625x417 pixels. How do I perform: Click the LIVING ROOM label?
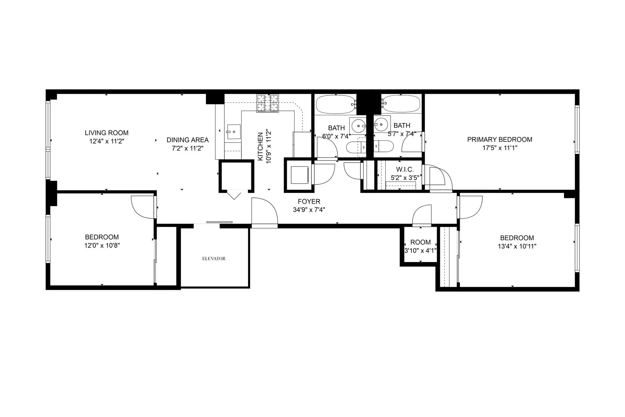pyautogui.click(x=107, y=133)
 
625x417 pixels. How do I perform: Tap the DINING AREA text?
pyautogui.click(x=187, y=140)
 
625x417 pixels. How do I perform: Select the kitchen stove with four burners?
pyautogui.click(x=267, y=103)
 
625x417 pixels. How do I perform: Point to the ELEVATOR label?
pyautogui.click(x=214, y=259)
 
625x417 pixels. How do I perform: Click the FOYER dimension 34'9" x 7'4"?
pyautogui.click(x=309, y=210)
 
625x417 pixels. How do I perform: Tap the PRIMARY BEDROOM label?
pyautogui.click(x=499, y=139)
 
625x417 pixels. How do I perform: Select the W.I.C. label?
pyautogui.click(x=405, y=170)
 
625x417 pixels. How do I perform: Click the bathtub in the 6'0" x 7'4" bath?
pyautogui.click(x=335, y=104)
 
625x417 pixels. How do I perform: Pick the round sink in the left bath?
pyautogui.click(x=358, y=123)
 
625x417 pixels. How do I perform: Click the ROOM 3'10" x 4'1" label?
pyautogui.click(x=420, y=242)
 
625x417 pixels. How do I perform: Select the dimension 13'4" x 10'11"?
pyautogui.click(x=517, y=246)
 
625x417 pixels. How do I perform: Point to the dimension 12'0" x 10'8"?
pyautogui.click(x=102, y=245)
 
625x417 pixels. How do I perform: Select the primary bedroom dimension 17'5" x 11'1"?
pyautogui.click(x=499, y=148)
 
